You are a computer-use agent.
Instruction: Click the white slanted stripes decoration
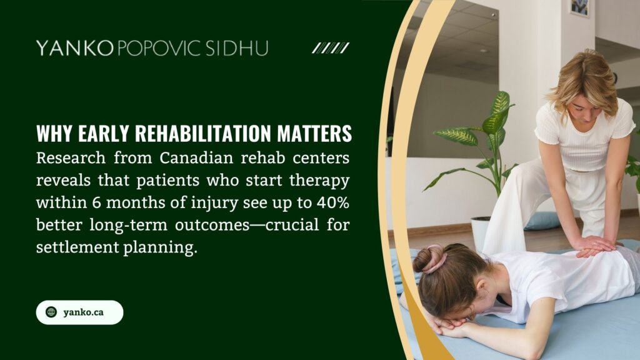point(330,48)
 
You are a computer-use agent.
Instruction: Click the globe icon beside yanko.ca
point(51,312)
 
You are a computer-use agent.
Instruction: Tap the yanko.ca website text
point(83,312)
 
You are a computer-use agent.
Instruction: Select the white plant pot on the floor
point(479,231)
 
